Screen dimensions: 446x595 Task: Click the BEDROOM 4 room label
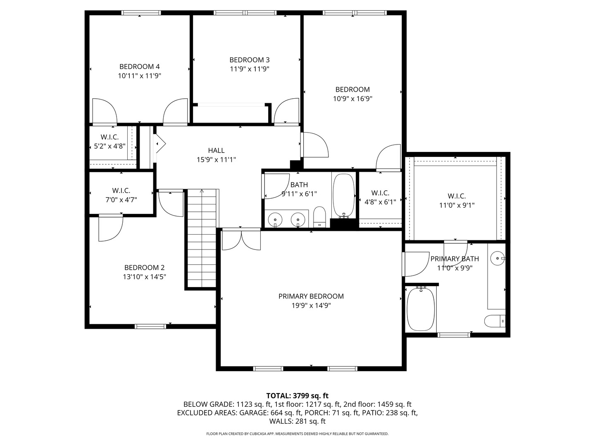pos(139,66)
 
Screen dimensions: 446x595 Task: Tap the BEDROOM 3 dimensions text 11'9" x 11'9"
pos(250,69)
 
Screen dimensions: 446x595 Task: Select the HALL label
pos(216,150)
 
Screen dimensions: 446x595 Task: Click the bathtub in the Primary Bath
pos(421,309)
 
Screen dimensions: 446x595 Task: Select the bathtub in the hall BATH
pos(344,195)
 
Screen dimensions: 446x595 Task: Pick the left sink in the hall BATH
pos(275,219)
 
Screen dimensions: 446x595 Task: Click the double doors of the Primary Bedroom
pos(241,240)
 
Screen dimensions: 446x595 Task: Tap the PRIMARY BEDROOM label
pos(311,296)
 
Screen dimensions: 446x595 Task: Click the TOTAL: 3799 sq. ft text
pos(297,396)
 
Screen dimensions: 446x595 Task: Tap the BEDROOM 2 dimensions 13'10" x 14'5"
pos(144,277)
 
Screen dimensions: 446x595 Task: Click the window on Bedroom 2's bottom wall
pos(151,326)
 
